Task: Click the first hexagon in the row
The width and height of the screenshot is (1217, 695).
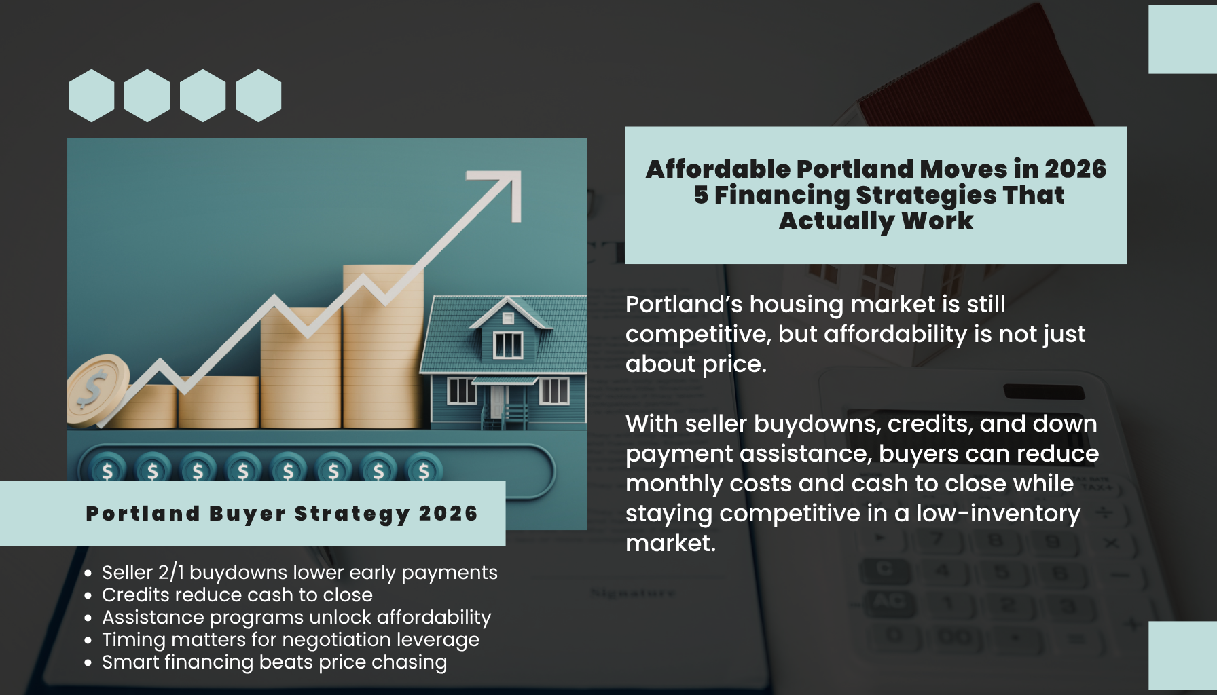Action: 91,96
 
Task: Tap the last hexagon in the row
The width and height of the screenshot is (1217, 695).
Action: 259,96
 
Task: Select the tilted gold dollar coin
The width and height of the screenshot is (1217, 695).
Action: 97,390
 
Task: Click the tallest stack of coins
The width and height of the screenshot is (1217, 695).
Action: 383,347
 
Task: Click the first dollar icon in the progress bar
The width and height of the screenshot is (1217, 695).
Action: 107,470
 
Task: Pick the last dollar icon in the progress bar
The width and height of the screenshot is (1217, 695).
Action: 424,470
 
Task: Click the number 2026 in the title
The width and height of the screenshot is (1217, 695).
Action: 1075,169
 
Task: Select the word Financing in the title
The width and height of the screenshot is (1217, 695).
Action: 782,195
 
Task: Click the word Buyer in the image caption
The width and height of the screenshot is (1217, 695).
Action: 247,514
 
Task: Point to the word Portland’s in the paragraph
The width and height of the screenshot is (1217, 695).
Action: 684,305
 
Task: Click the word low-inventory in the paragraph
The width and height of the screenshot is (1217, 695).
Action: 998,514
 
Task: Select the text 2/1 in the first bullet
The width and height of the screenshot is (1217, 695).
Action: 171,573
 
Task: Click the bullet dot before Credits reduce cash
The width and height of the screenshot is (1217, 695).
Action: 88,595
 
